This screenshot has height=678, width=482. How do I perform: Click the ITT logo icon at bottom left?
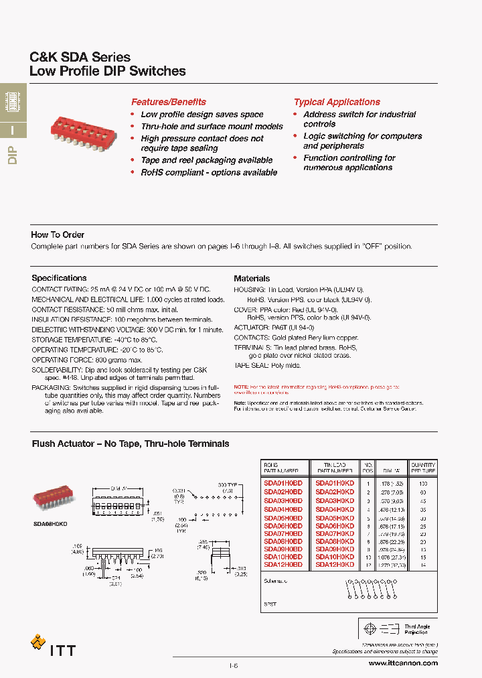(38, 642)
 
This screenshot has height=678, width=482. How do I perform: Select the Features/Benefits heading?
(168, 102)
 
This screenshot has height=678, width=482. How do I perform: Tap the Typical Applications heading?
(337, 102)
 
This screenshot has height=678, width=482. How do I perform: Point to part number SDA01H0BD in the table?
(283, 483)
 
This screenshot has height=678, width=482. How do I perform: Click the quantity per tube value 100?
(422, 483)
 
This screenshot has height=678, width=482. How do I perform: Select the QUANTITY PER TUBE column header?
(422, 468)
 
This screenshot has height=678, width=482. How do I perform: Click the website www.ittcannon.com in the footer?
(403, 663)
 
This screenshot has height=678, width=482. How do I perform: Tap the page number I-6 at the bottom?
(234, 665)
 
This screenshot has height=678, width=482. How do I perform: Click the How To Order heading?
(58, 234)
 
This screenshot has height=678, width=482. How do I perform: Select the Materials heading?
(252, 278)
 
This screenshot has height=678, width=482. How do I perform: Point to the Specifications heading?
(59, 278)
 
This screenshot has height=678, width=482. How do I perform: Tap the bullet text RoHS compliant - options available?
(209, 172)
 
